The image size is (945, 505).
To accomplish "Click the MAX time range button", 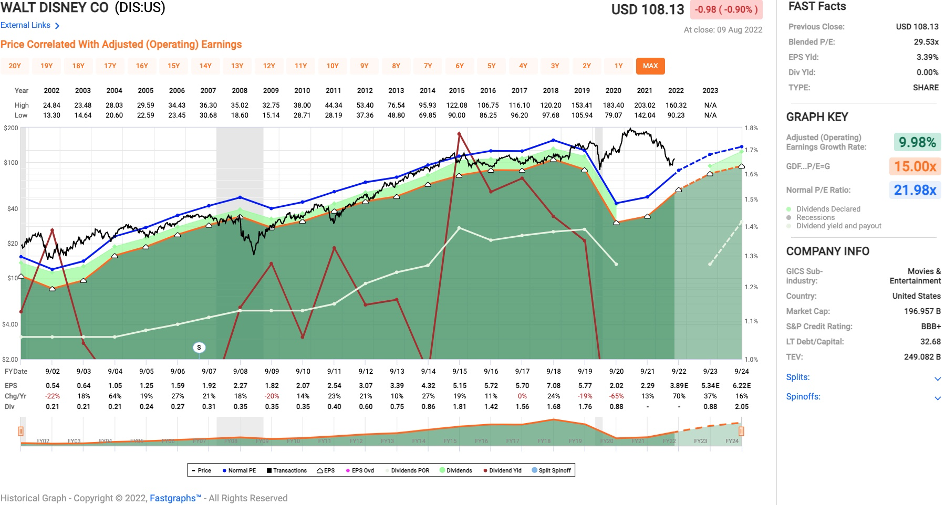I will (650, 66).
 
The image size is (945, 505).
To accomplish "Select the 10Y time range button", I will (333, 66).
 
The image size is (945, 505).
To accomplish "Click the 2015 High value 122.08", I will (456, 105).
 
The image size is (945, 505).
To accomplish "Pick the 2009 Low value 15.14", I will (271, 115).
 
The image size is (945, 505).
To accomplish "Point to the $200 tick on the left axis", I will (11, 128).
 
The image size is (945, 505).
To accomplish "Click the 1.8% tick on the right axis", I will (751, 128).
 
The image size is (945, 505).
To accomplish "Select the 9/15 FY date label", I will (460, 371).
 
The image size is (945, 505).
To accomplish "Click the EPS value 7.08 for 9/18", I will (553, 385).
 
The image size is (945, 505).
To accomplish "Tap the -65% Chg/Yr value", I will (616, 396).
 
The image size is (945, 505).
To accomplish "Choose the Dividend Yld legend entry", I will (502, 470).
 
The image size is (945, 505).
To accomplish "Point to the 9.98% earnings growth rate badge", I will (917, 142).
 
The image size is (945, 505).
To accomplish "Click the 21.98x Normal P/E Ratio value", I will (915, 190).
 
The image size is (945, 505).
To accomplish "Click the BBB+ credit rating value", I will (931, 326).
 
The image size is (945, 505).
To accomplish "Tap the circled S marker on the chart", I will (199, 347).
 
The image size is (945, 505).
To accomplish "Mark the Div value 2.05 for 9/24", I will (741, 406).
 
